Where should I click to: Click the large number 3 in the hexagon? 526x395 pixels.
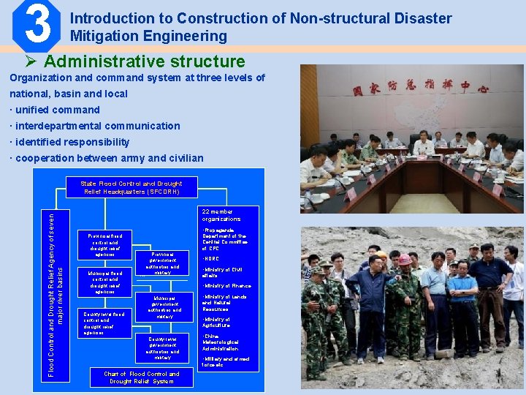pos(36,23)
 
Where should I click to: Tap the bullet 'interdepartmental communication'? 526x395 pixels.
pos(94,126)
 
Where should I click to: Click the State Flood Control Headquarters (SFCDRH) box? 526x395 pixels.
pos(131,188)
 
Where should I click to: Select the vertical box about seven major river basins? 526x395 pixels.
pos(56,293)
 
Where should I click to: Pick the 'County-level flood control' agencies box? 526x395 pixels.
pos(103,323)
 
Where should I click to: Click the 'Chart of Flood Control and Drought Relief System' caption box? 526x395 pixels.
pos(144,377)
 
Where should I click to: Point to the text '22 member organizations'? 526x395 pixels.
pos(221,214)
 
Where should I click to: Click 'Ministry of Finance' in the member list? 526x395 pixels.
pos(226,286)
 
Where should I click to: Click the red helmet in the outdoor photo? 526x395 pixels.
pos(404,259)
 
